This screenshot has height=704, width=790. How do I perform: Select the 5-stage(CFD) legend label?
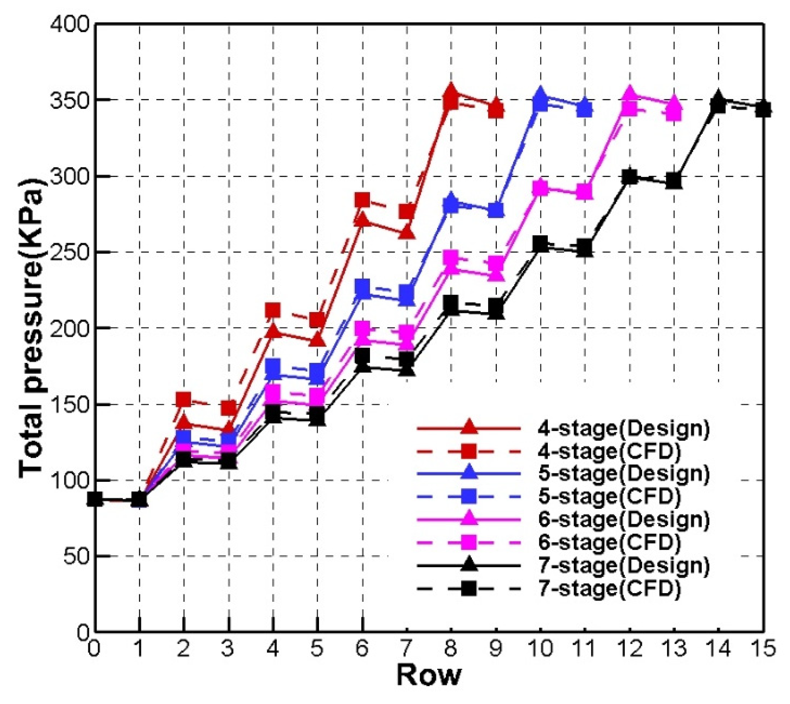click(609, 496)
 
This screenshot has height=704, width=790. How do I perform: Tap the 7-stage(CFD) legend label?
click(609, 588)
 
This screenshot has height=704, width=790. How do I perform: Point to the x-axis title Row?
click(429, 674)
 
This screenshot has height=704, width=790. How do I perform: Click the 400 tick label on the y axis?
click(70, 25)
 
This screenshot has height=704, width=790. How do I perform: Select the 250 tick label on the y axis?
click(70, 252)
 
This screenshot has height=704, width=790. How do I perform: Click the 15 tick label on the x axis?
click(763, 648)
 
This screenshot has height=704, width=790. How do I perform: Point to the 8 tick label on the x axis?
click(451, 648)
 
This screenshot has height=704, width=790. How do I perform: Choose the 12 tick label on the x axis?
click(629, 648)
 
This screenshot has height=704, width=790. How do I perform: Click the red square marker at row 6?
click(362, 200)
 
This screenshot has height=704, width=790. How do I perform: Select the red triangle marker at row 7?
click(407, 233)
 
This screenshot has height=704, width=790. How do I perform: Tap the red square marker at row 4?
click(273, 310)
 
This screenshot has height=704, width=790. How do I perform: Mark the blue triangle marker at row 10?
click(540, 95)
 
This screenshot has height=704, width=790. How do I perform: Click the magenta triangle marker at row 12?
click(629, 94)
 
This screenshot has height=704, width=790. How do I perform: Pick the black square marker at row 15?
click(763, 109)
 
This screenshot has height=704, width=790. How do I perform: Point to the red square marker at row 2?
click(183, 400)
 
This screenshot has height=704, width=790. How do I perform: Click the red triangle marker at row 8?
click(451, 91)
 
